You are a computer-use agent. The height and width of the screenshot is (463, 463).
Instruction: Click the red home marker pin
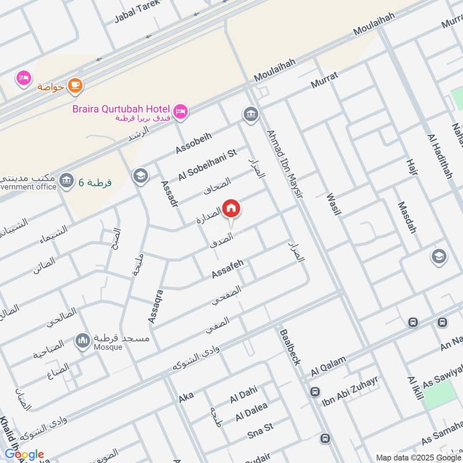pyautogui.click(x=230, y=208)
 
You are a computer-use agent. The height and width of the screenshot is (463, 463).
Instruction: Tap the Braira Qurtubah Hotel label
pyautogui.click(x=120, y=109)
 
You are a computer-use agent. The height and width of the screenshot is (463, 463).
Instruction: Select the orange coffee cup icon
pyautogui.click(x=75, y=86)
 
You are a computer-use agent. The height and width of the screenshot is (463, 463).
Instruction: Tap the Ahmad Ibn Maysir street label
pyautogui.click(x=284, y=164)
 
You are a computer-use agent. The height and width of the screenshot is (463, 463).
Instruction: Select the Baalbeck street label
pyautogui.click(x=290, y=347)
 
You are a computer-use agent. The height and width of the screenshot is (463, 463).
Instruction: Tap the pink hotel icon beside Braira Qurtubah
pyautogui.click(x=181, y=110)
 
